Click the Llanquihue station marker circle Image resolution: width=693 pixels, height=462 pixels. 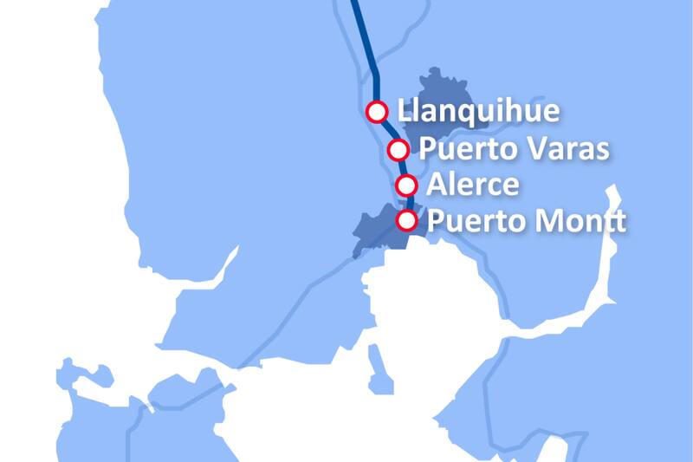pos(377,112)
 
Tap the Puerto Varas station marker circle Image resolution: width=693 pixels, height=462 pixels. pos(398,150)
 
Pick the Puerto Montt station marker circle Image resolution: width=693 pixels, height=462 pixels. pos(406,220)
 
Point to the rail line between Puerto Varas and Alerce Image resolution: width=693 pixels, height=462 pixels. pos(402,167)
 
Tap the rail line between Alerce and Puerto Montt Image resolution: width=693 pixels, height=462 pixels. pos(408,203)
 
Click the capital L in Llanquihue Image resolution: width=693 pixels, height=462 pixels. pos(403,113)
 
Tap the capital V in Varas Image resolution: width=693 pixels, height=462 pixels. pos(530,150)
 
